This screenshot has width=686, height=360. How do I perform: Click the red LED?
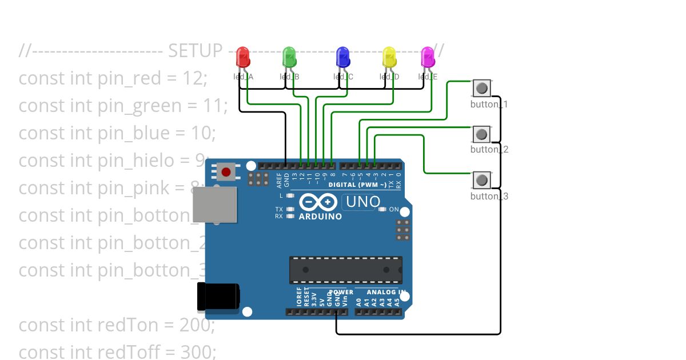point(243,57)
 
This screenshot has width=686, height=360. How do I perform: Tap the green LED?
point(289,57)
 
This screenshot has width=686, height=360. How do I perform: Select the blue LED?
point(343,57)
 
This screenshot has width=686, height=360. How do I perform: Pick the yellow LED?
point(389,57)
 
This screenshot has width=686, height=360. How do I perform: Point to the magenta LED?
point(428,57)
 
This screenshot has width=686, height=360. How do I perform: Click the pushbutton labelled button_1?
point(482,88)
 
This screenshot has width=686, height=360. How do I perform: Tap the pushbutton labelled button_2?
point(482,134)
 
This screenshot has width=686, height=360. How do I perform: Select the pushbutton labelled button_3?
point(482,180)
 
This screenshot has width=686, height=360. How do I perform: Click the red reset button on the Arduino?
point(226,171)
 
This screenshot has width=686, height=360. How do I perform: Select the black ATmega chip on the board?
point(345,270)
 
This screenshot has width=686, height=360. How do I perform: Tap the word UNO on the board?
point(362,202)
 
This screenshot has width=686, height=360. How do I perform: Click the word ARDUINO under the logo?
point(320,217)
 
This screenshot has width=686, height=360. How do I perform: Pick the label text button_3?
point(489,196)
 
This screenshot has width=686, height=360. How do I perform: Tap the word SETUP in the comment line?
point(195,51)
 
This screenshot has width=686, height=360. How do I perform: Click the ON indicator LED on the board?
point(382,210)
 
